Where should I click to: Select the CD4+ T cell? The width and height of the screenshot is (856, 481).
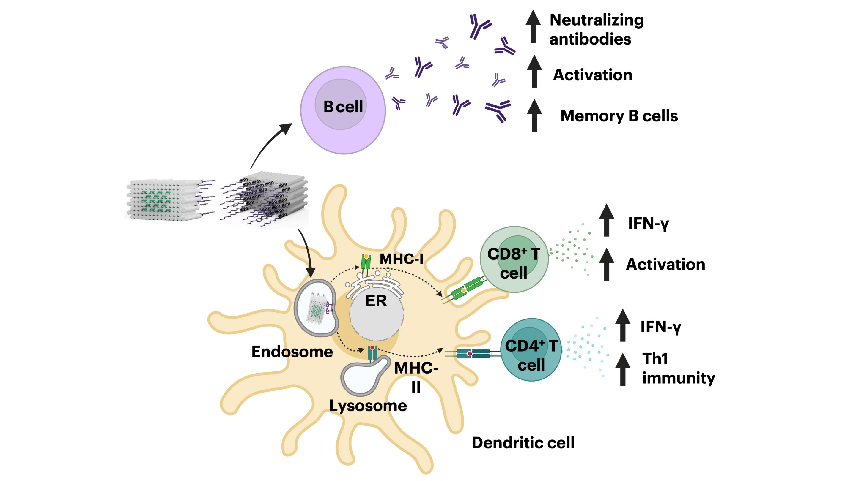click(x=531, y=350)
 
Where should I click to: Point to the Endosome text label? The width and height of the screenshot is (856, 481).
click(x=292, y=352)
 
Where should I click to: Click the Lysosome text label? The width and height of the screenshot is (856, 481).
click(x=368, y=406)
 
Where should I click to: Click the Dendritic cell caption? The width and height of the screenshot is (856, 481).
click(x=523, y=443)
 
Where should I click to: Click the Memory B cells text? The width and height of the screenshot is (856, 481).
click(x=619, y=116)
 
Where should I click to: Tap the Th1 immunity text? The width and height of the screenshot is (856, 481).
click(x=678, y=368)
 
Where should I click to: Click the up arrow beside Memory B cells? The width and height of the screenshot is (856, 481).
click(x=534, y=115)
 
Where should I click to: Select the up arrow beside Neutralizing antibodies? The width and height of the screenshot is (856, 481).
click(x=533, y=26)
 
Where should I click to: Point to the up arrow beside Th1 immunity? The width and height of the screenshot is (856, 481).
click(x=623, y=369)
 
